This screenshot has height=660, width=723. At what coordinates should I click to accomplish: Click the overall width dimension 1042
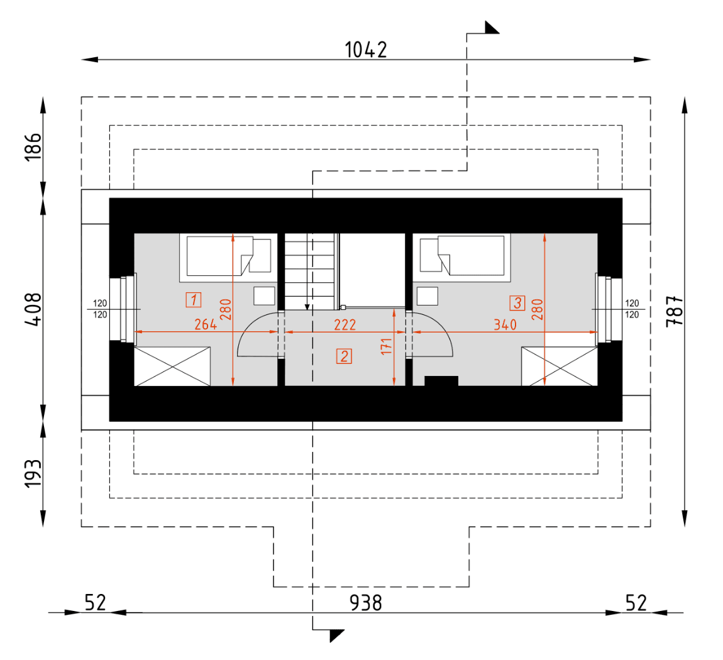366,50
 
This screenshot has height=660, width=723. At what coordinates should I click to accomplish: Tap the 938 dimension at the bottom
365,603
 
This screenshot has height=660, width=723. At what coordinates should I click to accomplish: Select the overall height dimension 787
673,311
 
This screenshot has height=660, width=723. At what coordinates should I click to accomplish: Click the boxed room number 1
193,300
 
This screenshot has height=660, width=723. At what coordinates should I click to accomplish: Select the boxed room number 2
344,356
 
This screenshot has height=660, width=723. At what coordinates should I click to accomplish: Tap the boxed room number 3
517,303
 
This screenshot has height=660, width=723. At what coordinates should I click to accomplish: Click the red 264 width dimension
206,324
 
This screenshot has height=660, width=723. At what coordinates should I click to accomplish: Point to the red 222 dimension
345,324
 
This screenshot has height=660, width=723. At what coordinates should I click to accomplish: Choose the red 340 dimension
505,324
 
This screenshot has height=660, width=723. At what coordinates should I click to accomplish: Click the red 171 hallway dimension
387,346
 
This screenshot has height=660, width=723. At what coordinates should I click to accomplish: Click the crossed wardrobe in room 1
172,366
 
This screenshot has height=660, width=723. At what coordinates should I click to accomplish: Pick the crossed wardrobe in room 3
559,366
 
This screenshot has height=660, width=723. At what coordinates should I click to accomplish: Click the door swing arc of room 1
255,334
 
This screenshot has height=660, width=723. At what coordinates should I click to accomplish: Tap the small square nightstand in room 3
428,295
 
